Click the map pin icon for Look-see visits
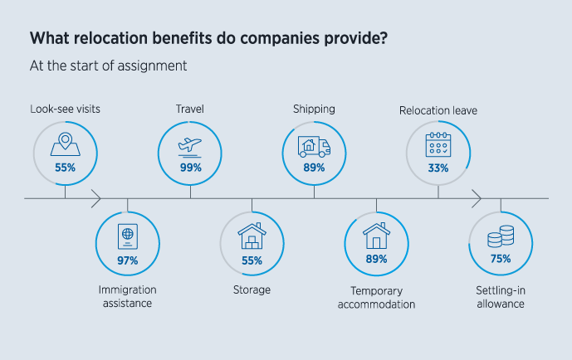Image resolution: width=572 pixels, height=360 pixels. pos(65,144)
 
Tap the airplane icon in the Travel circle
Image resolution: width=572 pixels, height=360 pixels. pos(190,145)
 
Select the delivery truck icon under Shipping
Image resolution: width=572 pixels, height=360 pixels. pos(314,147)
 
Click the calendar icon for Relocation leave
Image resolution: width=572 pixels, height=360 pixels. pos(438,146)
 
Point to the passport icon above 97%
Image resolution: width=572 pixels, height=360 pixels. pos(127,236)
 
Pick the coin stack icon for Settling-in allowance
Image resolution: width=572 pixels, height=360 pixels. pos(500,239)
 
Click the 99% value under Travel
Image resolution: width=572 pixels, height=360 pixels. pos(190,167)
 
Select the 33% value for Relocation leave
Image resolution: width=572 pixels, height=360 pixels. pos(438,168)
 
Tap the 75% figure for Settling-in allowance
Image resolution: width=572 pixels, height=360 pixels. pos(500,259)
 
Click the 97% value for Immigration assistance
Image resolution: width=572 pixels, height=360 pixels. pos(127,260)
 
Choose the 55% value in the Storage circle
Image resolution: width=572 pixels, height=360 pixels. pos(252,260)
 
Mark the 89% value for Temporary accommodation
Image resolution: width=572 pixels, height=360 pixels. pos(376,259)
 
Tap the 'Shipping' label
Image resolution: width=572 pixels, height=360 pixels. pos(314,109)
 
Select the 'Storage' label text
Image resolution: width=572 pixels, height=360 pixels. pos(252,289)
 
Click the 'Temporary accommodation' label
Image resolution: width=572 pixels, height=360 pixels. pos(376,297)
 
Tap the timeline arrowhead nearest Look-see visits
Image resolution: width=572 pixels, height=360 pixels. pos(96,199)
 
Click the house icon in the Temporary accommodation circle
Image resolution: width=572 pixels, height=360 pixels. pos(376,236)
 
